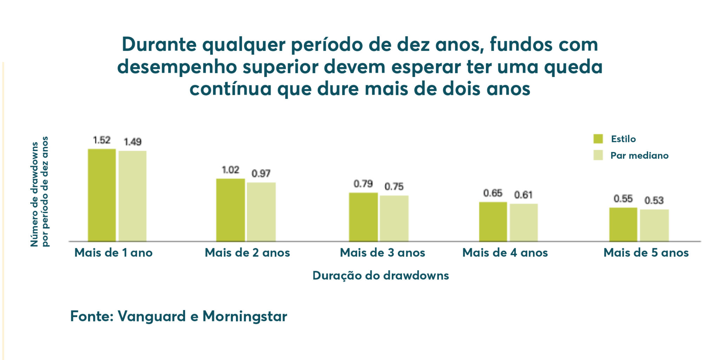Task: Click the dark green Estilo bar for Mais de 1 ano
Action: coord(102,195)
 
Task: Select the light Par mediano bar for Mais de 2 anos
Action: coord(261,212)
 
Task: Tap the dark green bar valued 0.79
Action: coord(363,217)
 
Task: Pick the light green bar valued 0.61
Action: coord(524,222)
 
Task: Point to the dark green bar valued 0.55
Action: coord(623,224)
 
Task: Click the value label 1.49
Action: coord(132,142)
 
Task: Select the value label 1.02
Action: coord(230,170)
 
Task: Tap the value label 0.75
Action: coord(394,186)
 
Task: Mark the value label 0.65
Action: coord(493,193)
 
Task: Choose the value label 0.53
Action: coord(654,201)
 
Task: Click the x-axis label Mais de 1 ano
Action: coord(113,253)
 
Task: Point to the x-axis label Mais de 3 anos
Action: coord(382,253)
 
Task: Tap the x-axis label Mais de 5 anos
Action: coord(646,253)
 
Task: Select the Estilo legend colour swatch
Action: coord(598,139)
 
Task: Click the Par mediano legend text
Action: coord(639,156)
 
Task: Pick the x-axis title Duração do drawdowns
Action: coord(381,275)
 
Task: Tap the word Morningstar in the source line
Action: coord(245,316)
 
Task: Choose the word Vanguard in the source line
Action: coord(152,316)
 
